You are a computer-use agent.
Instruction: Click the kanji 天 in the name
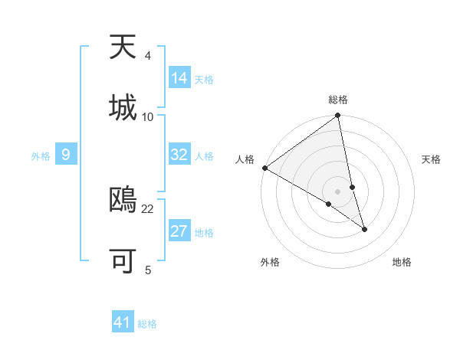click(x=123, y=47)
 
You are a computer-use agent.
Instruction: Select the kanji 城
click(x=123, y=107)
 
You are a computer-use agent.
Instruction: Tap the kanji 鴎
click(x=123, y=200)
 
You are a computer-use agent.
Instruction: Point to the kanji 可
click(x=123, y=261)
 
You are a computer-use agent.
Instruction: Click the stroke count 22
click(x=148, y=208)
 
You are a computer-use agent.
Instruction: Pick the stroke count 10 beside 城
click(x=148, y=116)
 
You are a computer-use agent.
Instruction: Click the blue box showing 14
click(x=179, y=78)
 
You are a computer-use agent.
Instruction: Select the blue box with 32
click(x=179, y=155)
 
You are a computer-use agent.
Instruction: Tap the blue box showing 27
click(x=179, y=231)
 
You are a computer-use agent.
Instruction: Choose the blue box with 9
click(x=66, y=155)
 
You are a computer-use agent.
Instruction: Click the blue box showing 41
click(x=123, y=322)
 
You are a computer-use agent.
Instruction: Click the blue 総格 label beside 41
click(x=147, y=324)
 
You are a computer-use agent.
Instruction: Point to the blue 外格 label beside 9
click(x=41, y=156)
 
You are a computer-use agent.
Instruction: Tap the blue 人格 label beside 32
click(x=204, y=156)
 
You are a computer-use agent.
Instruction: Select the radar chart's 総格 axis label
click(x=338, y=100)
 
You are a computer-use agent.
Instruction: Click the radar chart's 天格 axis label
click(x=432, y=159)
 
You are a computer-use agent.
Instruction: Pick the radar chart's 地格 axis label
click(x=402, y=262)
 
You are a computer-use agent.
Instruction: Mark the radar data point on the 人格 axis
click(x=264, y=168)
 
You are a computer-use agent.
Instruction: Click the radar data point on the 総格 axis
click(x=338, y=116)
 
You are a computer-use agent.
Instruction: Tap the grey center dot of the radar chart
click(x=338, y=191)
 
